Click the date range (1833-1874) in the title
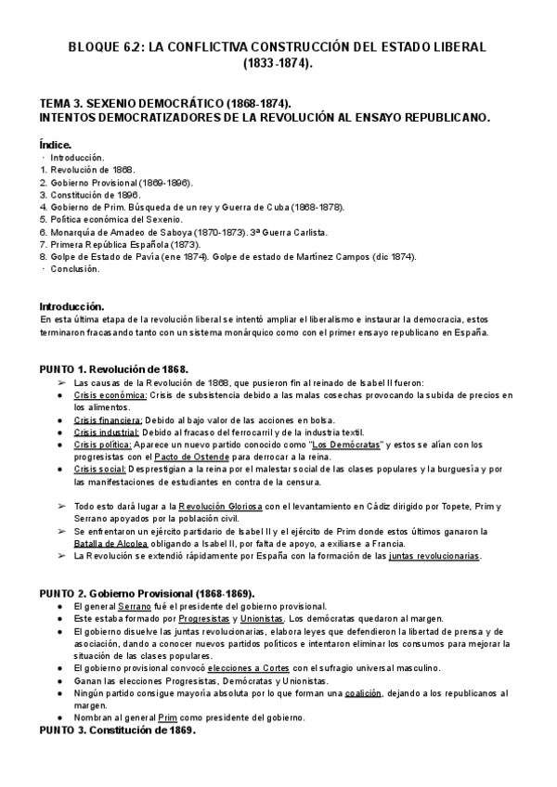pyautogui.click(x=278, y=65)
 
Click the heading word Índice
pyautogui.click(x=55, y=146)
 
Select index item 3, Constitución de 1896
pyautogui.click(x=89, y=195)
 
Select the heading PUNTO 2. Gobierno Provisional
pyautogui.click(x=147, y=593)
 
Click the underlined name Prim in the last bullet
pyautogui.click(x=167, y=717)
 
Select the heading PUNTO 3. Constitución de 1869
pyautogui.click(x=117, y=730)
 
